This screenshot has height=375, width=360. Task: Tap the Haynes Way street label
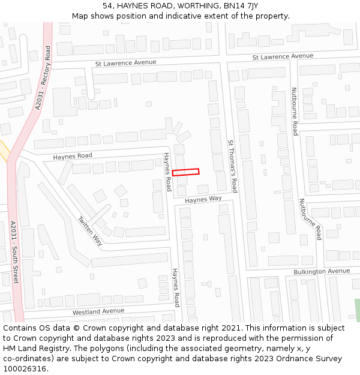pyautogui.click(x=203, y=199)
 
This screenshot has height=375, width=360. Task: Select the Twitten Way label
pyautogui.click(x=90, y=230)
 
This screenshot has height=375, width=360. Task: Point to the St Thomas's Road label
pyautogui.click(x=233, y=166)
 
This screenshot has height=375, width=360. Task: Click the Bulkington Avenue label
pyautogui.click(x=322, y=272)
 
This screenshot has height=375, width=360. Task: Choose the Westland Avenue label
pyautogui.click(x=98, y=311)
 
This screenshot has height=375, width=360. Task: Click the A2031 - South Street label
pyautogui.click(x=14, y=252)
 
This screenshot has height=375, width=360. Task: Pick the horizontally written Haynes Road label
pyautogui.click(x=73, y=156)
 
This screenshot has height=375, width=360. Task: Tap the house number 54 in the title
pyautogui.click(x=107, y=5)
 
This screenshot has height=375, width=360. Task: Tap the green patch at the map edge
pyautogui.click(x=357, y=310)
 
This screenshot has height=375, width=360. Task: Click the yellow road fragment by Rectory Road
pyautogui.click(x=3, y=151)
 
